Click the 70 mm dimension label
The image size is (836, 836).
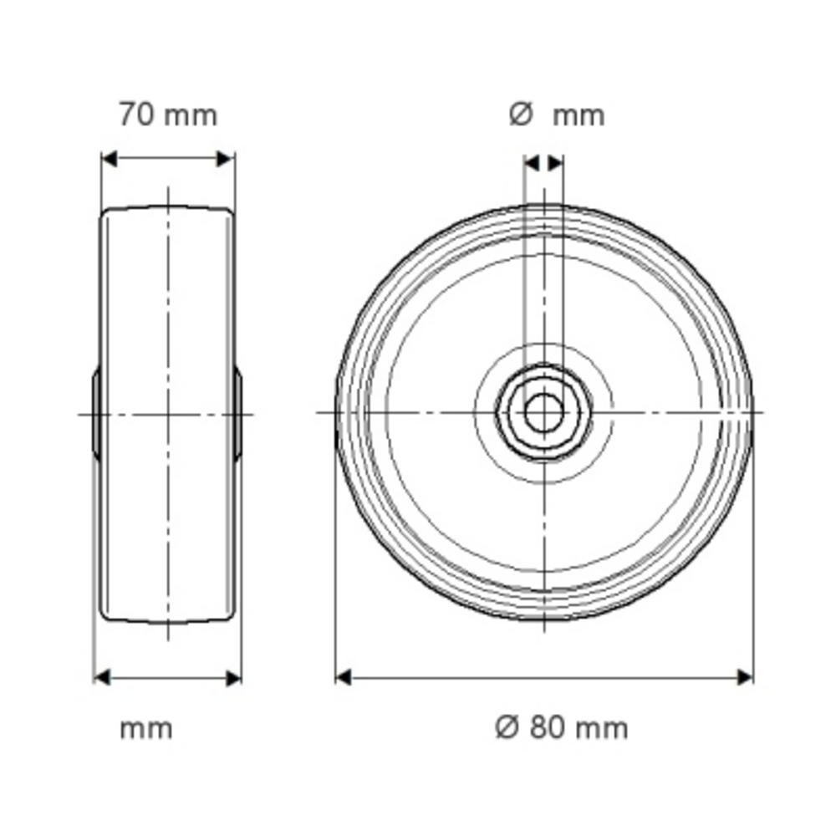tap(168, 115)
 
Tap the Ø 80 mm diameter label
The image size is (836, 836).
tap(562, 727)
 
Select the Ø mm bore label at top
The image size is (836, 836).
tap(557, 115)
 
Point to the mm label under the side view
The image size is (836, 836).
tap(146, 729)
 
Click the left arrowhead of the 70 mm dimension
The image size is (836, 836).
tap(110, 159)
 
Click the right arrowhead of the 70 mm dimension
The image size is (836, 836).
tap(225, 159)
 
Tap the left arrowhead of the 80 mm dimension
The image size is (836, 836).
tap(344, 678)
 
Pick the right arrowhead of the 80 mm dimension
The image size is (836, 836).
tap(744, 678)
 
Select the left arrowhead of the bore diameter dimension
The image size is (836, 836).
tap(532, 163)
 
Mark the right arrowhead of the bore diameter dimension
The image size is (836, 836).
tap(556, 163)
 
